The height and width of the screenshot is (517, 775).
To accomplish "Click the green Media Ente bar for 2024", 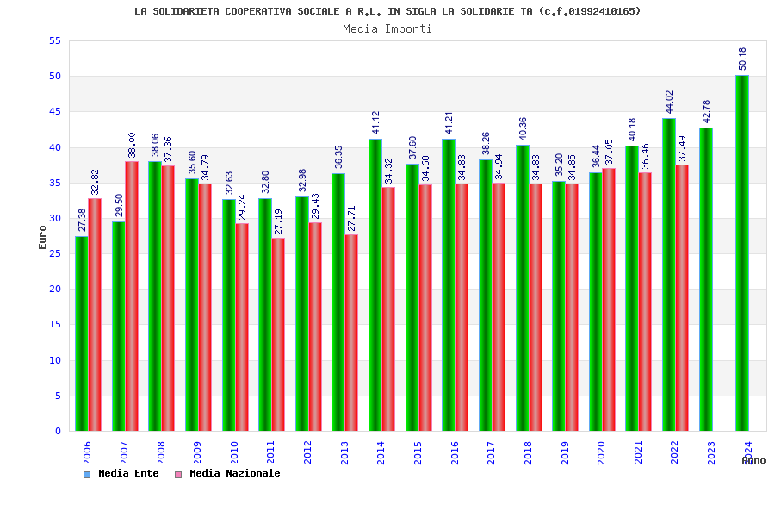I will click(x=742, y=253).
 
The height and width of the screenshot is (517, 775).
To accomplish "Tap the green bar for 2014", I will click(x=375, y=285).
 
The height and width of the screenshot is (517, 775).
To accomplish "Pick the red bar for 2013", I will click(x=351, y=333).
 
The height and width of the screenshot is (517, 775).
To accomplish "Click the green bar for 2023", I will click(x=706, y=279).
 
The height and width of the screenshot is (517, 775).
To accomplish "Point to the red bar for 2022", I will click(x=682, y=298).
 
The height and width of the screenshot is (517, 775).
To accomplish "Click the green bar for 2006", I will click(x=82, y=333).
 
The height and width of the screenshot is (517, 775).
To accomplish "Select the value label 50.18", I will click(x=743, y=59).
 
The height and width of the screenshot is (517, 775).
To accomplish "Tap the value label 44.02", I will click(x=670, y=102).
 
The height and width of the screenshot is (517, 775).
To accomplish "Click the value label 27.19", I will click(x=279, y=221).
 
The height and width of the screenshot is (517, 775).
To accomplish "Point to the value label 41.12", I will click(x=376, y=122).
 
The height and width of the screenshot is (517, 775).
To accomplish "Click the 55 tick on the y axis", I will click(x=54, y=41).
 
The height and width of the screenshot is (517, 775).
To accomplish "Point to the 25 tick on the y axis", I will click(x=54, y=253).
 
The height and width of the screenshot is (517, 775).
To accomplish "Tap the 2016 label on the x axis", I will click(x=455, y=453).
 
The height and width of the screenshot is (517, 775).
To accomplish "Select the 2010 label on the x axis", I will click(x=234, y=453).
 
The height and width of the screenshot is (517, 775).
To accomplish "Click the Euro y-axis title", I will click(x=43, y=237).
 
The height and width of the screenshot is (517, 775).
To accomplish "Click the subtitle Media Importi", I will click(x=387, y=29).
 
